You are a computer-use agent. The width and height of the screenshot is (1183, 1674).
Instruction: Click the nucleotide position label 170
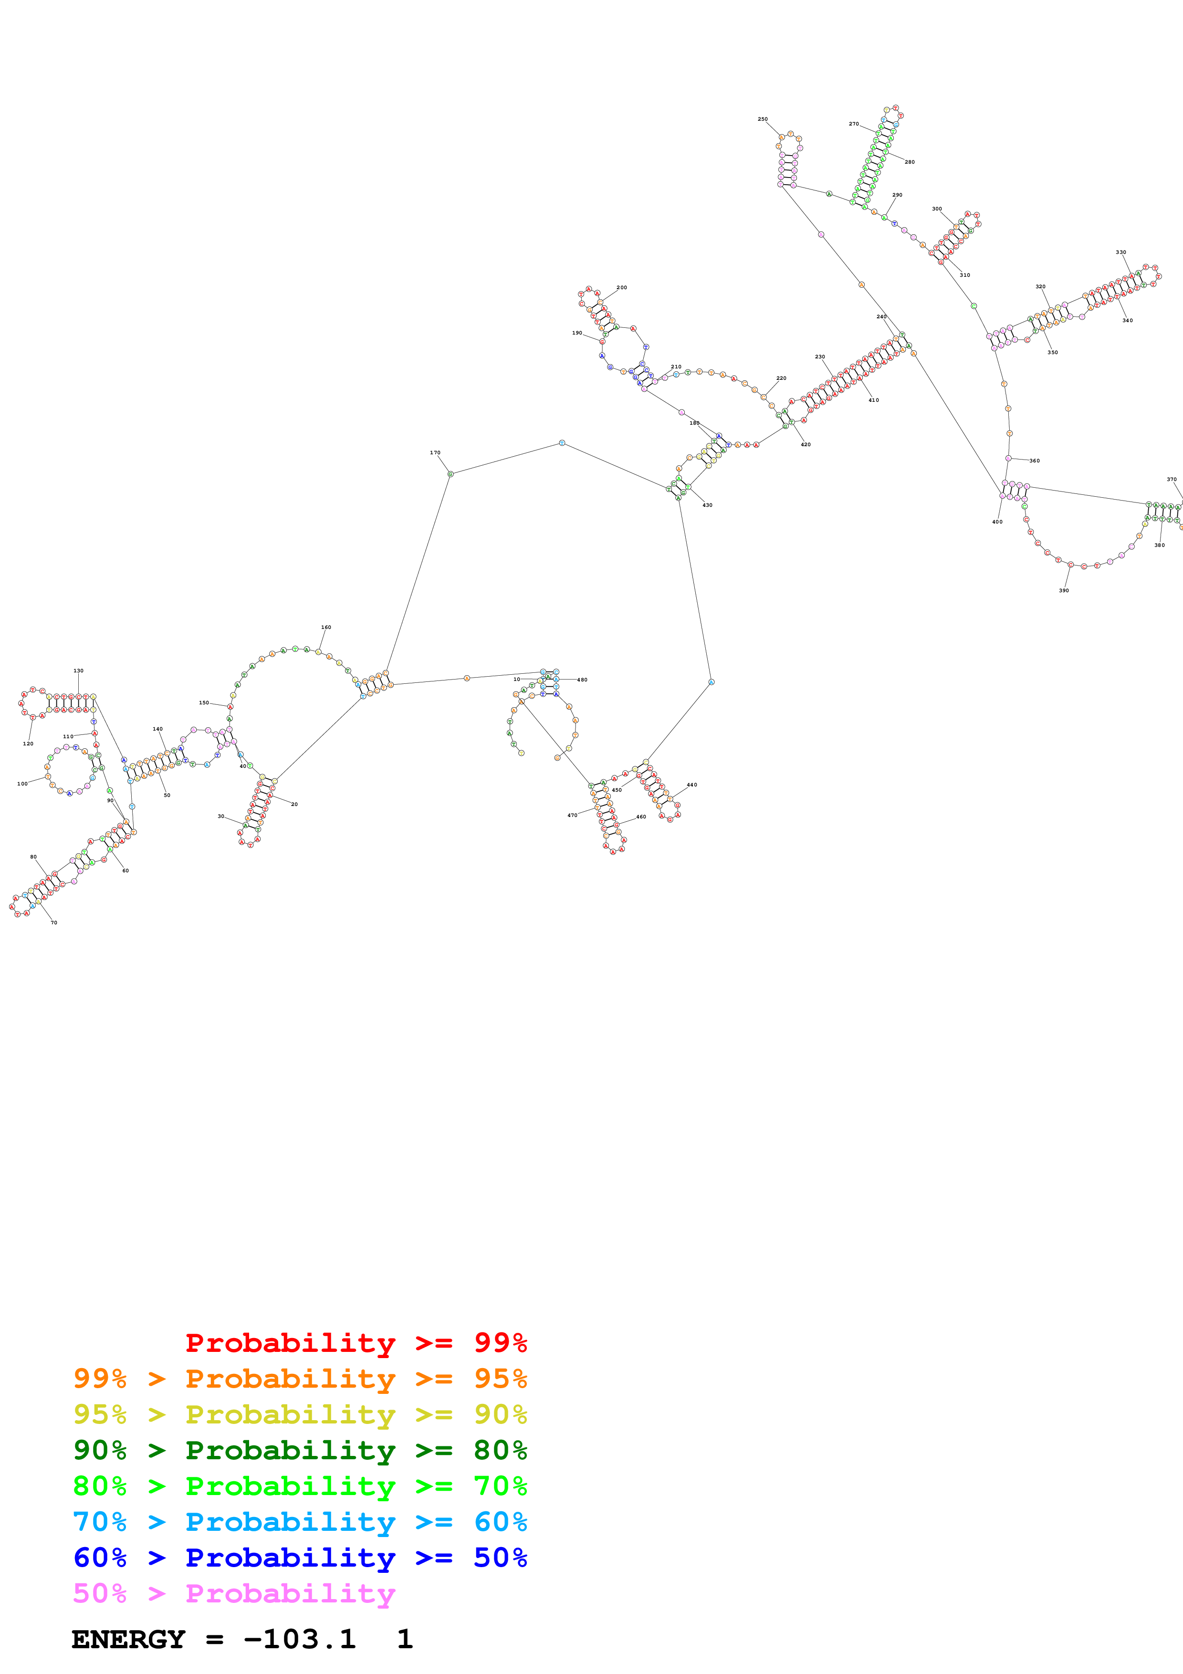point(435,453)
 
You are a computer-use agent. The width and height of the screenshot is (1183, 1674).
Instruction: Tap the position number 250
point(763,119)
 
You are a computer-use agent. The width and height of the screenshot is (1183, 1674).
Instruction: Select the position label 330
point(1120,252)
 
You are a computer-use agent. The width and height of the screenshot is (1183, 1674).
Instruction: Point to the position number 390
point(1064,591)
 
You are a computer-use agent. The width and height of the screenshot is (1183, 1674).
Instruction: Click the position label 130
point(78,671)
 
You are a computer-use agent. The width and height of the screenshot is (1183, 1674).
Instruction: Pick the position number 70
point(53,923)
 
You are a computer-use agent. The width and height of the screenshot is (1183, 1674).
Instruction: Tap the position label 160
point(326,627)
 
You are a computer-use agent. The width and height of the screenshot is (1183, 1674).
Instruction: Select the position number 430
point(707,505)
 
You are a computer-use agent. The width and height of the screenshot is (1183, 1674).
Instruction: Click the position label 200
point(622,287)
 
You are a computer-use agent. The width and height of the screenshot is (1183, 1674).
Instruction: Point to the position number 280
point(910,162)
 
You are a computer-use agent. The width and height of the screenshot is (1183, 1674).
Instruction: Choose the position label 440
point(692,785)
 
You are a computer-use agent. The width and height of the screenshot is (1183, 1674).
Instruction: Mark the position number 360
point(1034,461)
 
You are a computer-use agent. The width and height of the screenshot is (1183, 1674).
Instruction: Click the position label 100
point(22,784)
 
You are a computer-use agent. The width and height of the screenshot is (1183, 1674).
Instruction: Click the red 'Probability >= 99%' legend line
point(356,1342)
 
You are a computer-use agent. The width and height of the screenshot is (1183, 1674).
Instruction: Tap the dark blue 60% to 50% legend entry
point(300,1558)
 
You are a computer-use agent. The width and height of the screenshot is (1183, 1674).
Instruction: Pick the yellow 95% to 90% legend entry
point(300,1414)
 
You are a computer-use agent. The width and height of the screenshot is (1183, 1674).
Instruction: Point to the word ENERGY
point(128,1640)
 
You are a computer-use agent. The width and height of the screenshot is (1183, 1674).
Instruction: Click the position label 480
point(582,680)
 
